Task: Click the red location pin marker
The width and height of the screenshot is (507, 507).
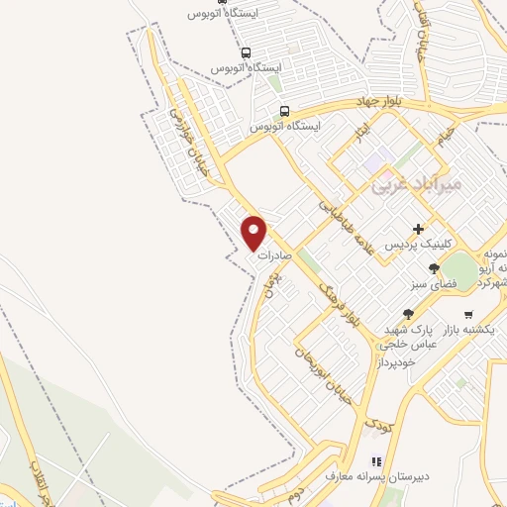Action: tap(254, 232)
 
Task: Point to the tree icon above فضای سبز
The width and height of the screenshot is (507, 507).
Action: tap(433, 268)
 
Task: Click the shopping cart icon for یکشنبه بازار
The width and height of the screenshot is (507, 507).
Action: tap(468, 314)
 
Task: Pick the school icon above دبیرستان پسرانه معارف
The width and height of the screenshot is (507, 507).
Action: tap(375, 460)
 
